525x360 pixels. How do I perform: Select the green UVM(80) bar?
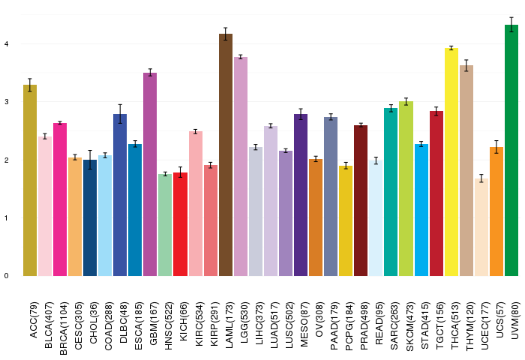tap(511, 150)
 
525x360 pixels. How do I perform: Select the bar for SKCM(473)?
tap(406, 188)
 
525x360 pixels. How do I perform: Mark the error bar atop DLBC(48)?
tap(120, 113)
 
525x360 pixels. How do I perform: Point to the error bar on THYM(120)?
tap(466, 65)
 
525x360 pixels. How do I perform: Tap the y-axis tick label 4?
tap(6, 44)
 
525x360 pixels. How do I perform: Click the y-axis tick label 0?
tap(6, 275)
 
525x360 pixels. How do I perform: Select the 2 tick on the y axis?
tap(6, 160)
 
